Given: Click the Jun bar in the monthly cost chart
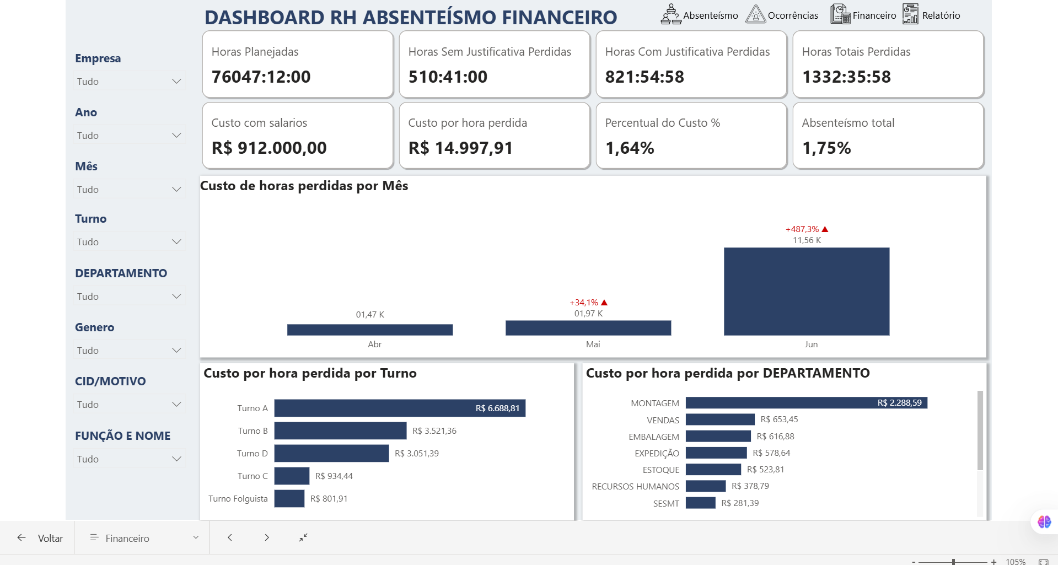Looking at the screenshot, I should coord(806,291).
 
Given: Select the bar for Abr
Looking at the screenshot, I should coord(369,330).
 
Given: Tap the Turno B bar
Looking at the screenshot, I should coord(340,431).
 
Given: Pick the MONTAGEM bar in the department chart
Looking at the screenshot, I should coord(806,403).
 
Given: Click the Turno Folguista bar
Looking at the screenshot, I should coord(289,498).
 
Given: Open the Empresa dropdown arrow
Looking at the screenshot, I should coord(176,82).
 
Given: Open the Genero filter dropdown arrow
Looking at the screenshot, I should coord(176,351).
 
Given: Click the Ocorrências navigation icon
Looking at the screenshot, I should coord(755,14).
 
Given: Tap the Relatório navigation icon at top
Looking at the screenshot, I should coord(910,14).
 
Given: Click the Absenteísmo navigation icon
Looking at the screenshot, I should coord(670,14).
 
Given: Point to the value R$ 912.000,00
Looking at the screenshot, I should coord(269,148).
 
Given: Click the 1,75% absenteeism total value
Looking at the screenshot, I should coord(826,148).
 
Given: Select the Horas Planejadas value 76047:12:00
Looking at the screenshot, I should coord(261,77).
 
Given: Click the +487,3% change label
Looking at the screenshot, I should coord(802,229).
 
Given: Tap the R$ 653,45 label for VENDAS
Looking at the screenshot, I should coord(779,419).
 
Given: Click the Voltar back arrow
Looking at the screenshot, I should coord(22,537).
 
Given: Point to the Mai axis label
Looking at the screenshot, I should coord(593,344).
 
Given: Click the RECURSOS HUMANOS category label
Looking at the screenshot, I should coord(635,486).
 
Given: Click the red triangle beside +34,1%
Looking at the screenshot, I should coord(604,303).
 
